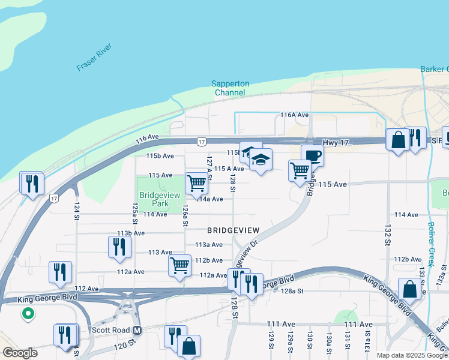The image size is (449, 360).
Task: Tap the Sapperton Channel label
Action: click(230, 88)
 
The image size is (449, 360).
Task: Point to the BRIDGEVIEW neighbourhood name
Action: click(234, 230)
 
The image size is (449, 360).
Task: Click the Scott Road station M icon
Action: click(137, 330)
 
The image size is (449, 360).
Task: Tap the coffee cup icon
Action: click(312, 157)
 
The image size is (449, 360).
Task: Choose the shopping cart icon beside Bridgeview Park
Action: click(196, 183)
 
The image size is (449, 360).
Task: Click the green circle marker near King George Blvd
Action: click(27, 313)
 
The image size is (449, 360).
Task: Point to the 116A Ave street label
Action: click(294, 115)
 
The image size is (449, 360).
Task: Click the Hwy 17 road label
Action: click(335, 142)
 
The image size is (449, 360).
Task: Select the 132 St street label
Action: click(386, 234)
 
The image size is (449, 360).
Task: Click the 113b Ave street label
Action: click(131, 233)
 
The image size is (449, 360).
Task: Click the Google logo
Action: click(19, 353)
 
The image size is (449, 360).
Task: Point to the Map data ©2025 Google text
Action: click(412, 355)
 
